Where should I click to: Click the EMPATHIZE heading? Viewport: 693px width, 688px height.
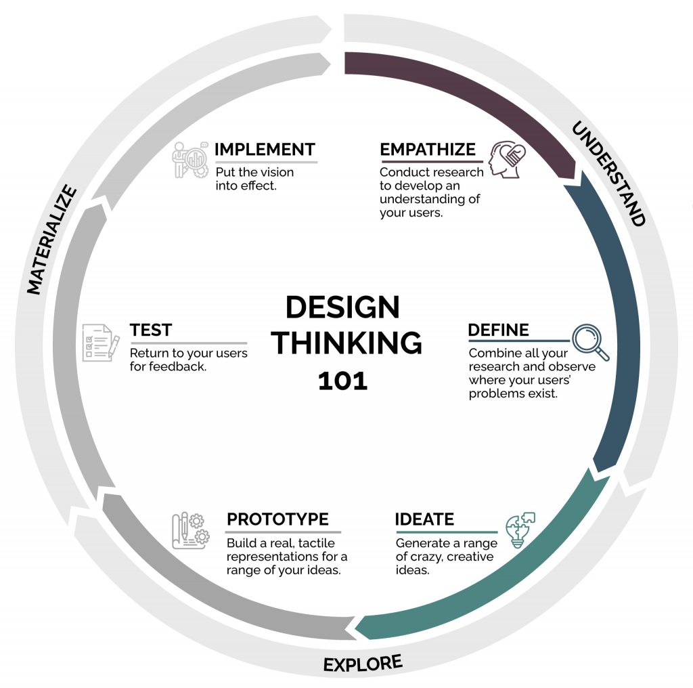point(428,150)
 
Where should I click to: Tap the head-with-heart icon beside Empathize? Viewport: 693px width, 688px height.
point(507,159)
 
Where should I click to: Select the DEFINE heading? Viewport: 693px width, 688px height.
point(498,330)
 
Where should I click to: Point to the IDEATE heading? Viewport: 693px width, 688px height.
point(424,519)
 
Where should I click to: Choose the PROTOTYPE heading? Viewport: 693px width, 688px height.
point(277,519)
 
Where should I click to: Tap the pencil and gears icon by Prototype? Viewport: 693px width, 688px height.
point(190,531)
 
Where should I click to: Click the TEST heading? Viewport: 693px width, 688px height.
point(151,330)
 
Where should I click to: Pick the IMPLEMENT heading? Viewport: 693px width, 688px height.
point(265,150)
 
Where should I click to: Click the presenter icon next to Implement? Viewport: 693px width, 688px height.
point(189,160)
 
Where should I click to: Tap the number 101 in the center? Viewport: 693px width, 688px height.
point(342,381)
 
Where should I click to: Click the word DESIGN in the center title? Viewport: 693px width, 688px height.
point(342,308)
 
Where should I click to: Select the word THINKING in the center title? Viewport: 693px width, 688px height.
point(346,343)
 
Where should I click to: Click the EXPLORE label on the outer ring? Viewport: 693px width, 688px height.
point(363,664)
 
